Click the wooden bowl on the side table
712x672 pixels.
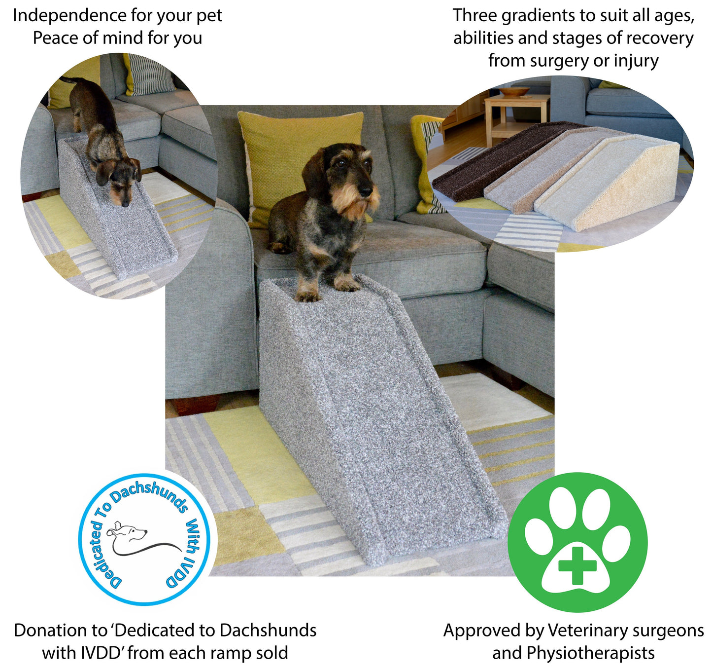[514, 92]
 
